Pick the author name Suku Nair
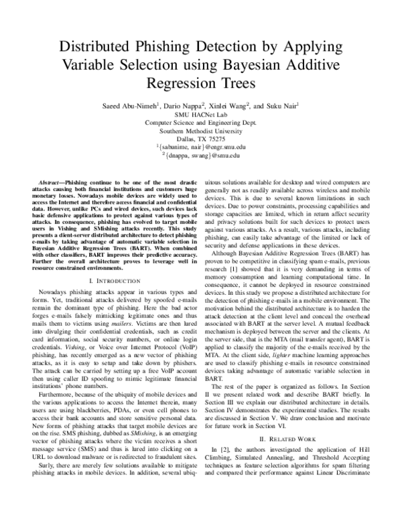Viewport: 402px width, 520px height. pyautogui.click(x=282, y=105)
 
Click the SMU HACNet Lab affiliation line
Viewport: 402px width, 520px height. pyautogui.click(x=201, y=115)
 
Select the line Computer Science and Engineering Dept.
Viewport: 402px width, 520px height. pyautogui.click(x=201, y=123)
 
